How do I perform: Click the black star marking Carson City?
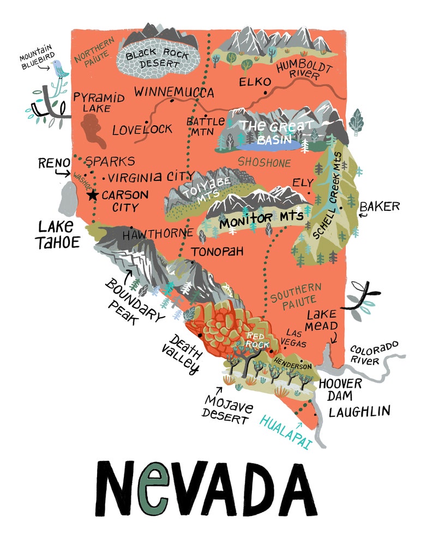92,195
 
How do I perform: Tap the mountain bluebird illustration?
58,69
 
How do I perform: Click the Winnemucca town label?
174,92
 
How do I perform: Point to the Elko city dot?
265,93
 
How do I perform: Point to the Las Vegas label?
293,338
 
